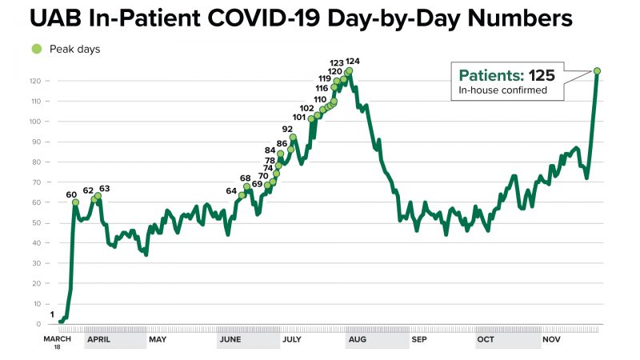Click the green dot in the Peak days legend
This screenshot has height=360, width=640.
36,50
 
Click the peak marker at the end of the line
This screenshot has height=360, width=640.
597,71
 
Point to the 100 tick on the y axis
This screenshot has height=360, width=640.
35,122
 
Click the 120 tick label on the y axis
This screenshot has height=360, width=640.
35,81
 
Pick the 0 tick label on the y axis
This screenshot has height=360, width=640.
38,324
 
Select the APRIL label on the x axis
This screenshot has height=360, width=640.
98,339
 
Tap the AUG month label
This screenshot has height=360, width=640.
356,339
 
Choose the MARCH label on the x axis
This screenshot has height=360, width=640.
57,339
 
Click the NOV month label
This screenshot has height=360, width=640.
552,339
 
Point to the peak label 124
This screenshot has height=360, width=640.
353,62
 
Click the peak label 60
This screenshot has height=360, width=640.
71,194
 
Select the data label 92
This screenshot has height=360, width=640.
287,129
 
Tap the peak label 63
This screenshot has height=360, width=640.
104,188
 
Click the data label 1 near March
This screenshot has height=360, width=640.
52,314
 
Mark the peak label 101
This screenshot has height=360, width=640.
299,118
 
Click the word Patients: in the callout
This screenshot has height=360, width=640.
490,76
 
